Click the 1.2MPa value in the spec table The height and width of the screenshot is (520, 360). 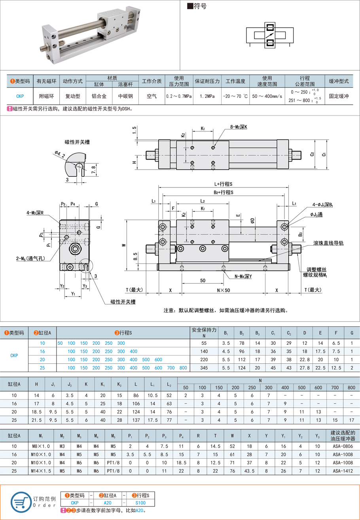207,96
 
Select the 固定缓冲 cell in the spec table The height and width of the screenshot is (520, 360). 339,96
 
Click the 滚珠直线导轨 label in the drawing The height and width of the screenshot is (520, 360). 328,243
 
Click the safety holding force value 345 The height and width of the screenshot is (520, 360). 204,368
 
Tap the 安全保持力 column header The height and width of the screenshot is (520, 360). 204,332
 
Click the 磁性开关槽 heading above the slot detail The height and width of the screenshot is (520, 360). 77,142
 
